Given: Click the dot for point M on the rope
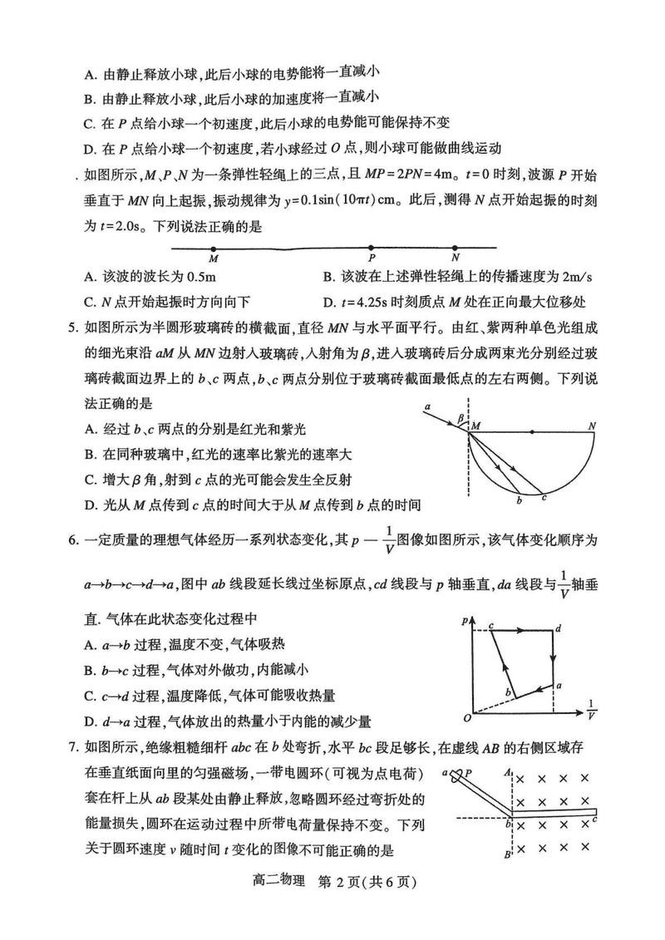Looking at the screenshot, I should [214, 248].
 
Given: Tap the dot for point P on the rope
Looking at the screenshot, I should [371, 248].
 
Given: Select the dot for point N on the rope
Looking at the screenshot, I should [455, 248].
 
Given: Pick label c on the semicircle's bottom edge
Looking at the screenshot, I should [544, 497].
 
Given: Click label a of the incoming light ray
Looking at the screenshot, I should [426, 406].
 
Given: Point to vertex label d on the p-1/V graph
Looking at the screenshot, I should [559, 628].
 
